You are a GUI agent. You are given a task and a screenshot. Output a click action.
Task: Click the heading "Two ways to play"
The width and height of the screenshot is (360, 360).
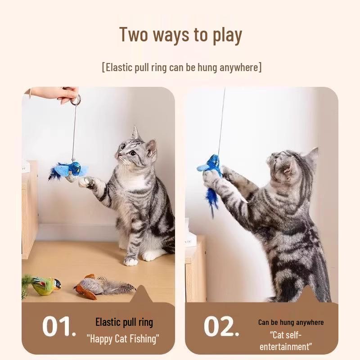[180, 35]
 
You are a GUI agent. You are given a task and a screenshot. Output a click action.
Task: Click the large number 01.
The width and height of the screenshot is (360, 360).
[59, 327]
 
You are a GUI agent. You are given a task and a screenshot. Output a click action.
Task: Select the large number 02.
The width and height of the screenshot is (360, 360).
[221, 327]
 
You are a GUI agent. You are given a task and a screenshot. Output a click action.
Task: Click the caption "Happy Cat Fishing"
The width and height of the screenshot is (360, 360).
[123, 338]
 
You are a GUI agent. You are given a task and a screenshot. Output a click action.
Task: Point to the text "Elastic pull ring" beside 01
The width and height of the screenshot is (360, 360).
[124, 322]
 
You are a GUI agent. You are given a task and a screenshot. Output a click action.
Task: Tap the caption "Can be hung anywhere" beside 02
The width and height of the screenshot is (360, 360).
[291, 322]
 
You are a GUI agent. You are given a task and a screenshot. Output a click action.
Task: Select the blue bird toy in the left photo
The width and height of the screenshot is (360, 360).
[72, 170]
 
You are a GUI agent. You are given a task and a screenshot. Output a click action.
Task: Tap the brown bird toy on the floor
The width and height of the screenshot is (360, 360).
[90, 286]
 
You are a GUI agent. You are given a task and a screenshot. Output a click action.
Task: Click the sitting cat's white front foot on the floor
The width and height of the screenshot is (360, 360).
[130, 261]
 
